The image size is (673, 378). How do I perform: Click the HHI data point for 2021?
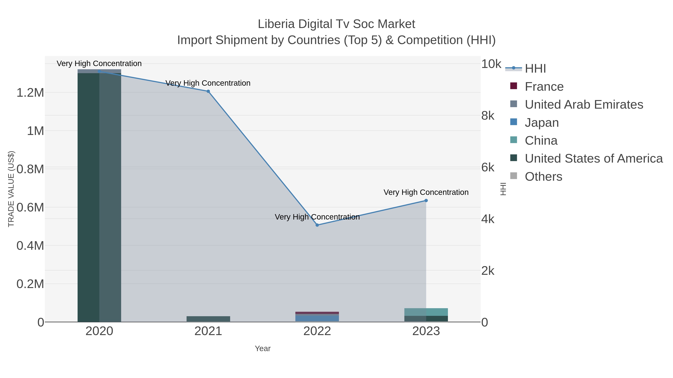point(208,91)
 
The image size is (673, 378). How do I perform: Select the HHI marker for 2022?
point(317,225)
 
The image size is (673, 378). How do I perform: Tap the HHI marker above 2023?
point(426,201)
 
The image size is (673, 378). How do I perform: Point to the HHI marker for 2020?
point(99,71)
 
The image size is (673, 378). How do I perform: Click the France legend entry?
point(544,87)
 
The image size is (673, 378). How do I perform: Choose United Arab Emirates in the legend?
point(584,105)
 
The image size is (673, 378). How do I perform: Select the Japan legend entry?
point(542,123)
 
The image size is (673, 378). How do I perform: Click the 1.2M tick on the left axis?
point(30,93)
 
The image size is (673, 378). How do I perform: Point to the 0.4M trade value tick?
point(30,246)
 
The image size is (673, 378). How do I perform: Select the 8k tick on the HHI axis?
point(488,116)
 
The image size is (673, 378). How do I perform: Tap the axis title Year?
point(263,349)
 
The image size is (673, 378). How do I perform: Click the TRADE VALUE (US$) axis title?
point(11,189)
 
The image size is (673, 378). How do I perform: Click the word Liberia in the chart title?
point(276,24)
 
